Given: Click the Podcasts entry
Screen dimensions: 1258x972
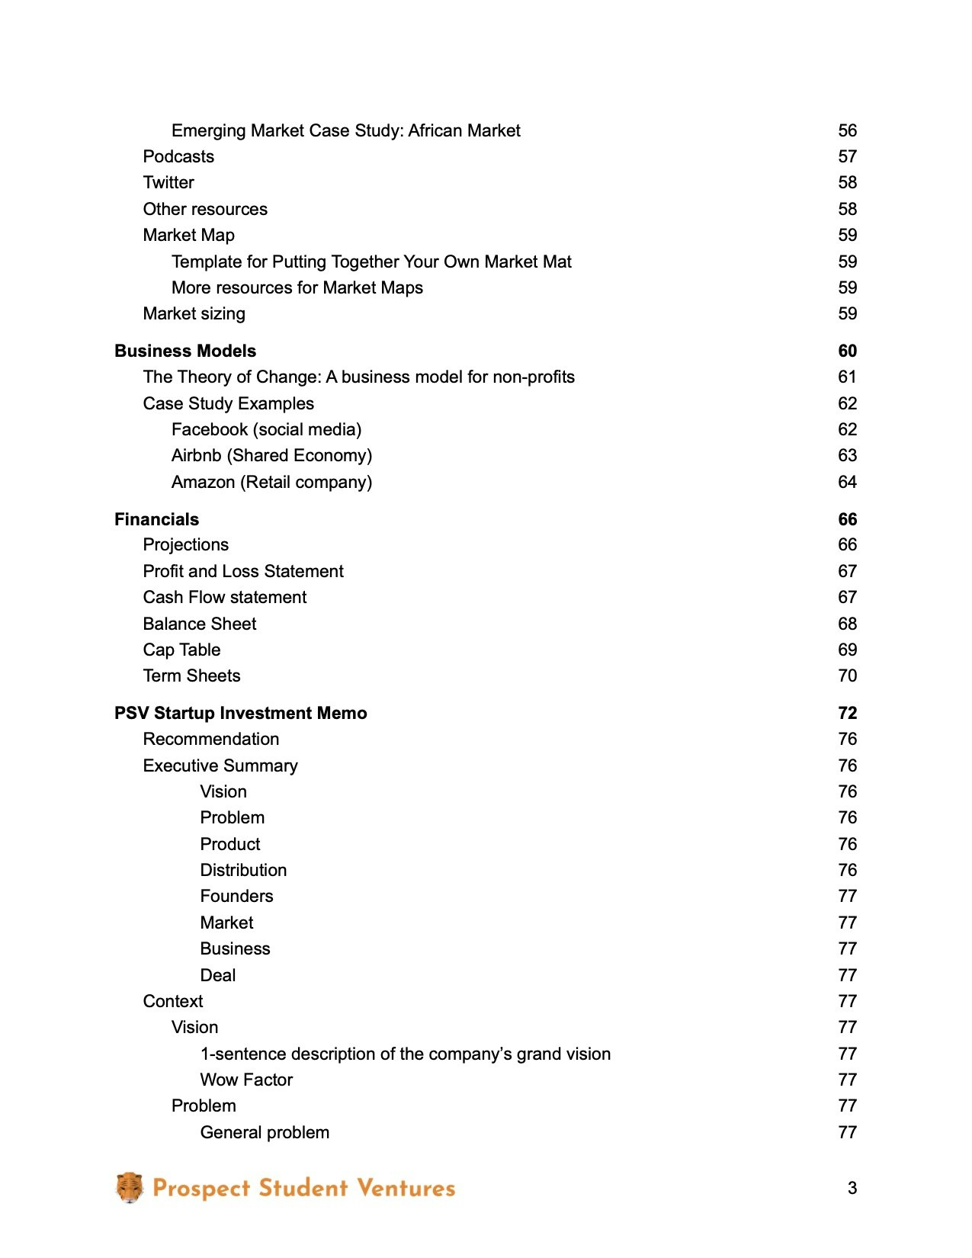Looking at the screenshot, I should pos(178,156).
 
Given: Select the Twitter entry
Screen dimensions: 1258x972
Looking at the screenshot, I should pos(168,182).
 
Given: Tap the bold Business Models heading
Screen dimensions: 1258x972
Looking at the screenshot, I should pos(185,351).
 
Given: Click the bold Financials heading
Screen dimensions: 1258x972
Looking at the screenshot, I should pos(156,519).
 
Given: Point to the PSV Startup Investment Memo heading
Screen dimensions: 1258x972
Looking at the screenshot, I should pos(241,713).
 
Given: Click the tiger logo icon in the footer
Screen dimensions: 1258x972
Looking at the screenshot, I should pos(130,1187).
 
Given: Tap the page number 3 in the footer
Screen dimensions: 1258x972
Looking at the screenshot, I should pos(852,1188).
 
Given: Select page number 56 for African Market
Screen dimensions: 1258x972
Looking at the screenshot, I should pos(847,130).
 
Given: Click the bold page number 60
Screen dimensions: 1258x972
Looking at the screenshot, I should pos(847,351).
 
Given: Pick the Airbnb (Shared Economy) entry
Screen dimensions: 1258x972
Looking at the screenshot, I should pos(271,455).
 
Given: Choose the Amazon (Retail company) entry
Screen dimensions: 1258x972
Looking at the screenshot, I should pos(271,482).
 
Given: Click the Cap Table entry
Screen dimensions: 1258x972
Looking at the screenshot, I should pos(181,650).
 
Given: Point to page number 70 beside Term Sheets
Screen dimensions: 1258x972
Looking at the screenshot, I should pos(847,676).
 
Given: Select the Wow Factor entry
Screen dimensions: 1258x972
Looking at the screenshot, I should pos(246,1080).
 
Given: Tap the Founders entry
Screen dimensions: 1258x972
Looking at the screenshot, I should pos(236,896).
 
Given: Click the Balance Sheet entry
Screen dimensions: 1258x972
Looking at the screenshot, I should pos(200,624).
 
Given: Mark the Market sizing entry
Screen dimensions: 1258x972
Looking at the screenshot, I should pos(194,313).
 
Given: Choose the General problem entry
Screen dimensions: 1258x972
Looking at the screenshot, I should pos(265,1132).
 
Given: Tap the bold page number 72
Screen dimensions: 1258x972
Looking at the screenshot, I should pos(847,713).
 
